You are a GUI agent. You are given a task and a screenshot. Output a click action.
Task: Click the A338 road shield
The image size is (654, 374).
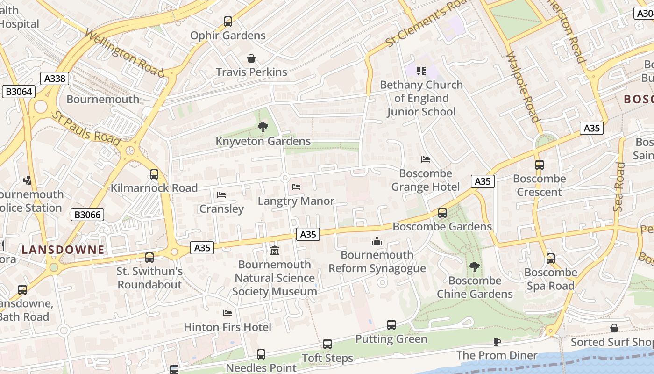pyautogui.click(x=55, y=79)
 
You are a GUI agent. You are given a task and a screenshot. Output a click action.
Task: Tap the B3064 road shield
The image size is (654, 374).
pyautogui.click(x=19, y=92)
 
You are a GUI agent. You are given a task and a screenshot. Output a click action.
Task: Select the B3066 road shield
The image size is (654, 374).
pyautogui.click(x=87, y=215)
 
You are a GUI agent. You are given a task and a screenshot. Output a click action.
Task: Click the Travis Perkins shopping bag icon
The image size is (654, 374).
pyautogui.click(x=251, y=58)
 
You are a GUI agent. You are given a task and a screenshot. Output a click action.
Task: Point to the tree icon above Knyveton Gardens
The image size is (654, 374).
pyautogui.click(x=263, y=127)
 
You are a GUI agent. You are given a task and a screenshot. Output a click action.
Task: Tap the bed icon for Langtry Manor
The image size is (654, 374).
pyautogui.click(x=296, y=187)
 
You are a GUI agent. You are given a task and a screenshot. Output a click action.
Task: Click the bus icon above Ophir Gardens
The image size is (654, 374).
pyautogui.click(x=228, y=21)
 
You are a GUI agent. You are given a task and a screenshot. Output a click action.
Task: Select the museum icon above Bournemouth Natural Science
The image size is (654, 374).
pyautogui.click(x=274, y=251)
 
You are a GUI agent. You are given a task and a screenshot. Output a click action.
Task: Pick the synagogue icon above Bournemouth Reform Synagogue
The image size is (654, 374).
pyautogui.click(x=377, y=241)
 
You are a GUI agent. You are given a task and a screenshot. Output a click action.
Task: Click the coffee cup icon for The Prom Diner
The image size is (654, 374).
pyautogui.click(x=497, y=342)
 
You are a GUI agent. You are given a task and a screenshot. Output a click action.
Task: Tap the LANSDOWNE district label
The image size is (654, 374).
pyautogui.click(x=63, y=250)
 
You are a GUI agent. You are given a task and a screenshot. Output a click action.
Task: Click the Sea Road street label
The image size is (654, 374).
pyautogui.click(x=619, y=187)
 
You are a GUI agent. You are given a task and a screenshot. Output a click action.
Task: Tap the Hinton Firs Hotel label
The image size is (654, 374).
pyautogui.click(x=227, y=327)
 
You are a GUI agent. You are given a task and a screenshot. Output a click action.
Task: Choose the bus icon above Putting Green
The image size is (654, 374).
pyautogui.click(x=391, y=325)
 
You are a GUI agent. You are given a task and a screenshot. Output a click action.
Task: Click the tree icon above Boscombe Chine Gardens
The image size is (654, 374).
pyautogui.click(x=475, y=267)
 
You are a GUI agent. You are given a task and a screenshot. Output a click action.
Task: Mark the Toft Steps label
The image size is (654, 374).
pyautogui.click(x=327, y=359)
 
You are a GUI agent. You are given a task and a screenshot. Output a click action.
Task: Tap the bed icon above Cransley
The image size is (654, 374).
pyautogui.click(x=221, y=194)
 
